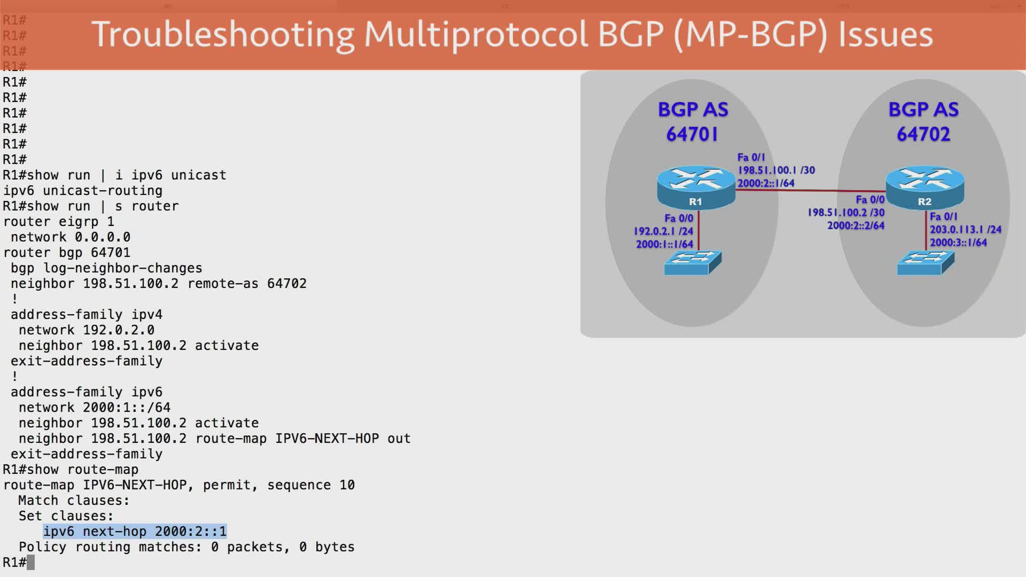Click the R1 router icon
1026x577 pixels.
696,187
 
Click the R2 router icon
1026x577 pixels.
925,187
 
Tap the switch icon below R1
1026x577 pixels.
693,262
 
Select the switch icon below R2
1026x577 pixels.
926,262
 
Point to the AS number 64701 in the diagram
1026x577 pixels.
692,134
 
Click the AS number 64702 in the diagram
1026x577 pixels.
923,134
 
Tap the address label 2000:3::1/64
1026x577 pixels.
958,243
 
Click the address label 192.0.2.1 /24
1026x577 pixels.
663,231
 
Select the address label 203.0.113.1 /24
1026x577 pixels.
965,230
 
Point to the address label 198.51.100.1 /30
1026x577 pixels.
776,170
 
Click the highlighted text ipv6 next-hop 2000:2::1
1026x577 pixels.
135,532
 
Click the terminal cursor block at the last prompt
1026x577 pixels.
31,563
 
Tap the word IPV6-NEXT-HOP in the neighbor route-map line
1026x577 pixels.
327,439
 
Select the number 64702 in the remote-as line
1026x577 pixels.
287,284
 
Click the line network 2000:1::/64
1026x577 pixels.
95,408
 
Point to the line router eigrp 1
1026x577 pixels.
59,222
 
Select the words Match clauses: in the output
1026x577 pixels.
74,501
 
